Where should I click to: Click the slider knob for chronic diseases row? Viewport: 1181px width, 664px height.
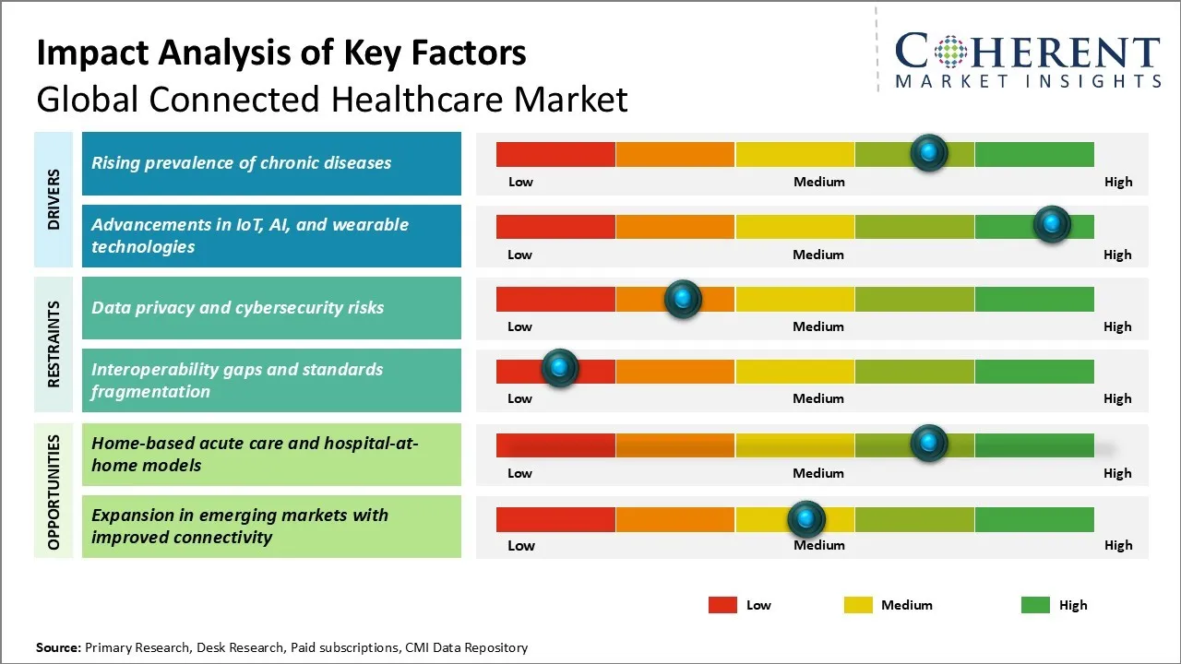(x=929, y=152)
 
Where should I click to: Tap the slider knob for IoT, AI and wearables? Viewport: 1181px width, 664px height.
(x=1051, y=224)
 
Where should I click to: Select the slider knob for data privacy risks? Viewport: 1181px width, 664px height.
(x=683, y=298)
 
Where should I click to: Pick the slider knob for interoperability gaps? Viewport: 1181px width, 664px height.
(x=559, y=368)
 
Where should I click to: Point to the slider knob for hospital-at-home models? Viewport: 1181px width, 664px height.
(x=929, y=443)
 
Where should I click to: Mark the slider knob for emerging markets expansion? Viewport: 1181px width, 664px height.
(x=806, y=519)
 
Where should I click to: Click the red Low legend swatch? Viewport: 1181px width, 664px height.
(x=722, y=605)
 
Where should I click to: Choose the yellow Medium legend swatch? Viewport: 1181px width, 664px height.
(x=858, y=605)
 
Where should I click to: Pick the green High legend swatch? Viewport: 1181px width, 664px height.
(x=1035, y=605)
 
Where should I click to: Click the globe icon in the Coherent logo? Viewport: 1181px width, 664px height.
(x=950, y=52)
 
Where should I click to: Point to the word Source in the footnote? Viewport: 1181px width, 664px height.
(x=57, y=647)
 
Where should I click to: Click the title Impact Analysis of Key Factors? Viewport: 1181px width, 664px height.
(x=281, y=53)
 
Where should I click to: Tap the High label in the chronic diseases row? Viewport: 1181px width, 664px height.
(x=1118, y=182)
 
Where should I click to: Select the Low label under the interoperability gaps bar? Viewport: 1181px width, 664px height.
(x=519, y=398)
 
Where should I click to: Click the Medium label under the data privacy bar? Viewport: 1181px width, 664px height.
(x=818, y=326)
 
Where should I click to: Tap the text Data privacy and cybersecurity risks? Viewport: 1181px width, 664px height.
(x=237, y=308)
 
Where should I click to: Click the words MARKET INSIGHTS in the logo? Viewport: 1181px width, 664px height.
(x=1028, y=81)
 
